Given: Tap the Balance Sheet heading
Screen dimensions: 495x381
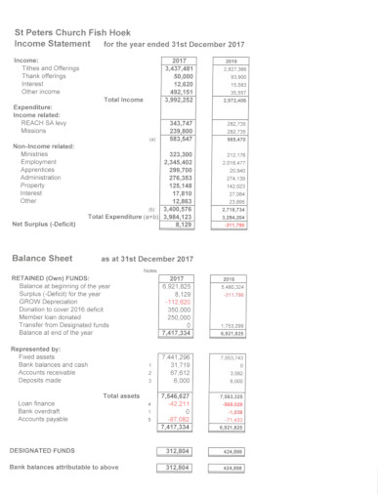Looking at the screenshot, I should pyautogui.click(x=44, y=258).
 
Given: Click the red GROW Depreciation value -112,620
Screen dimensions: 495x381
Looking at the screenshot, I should pyautogui.click(x=176, y=303).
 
